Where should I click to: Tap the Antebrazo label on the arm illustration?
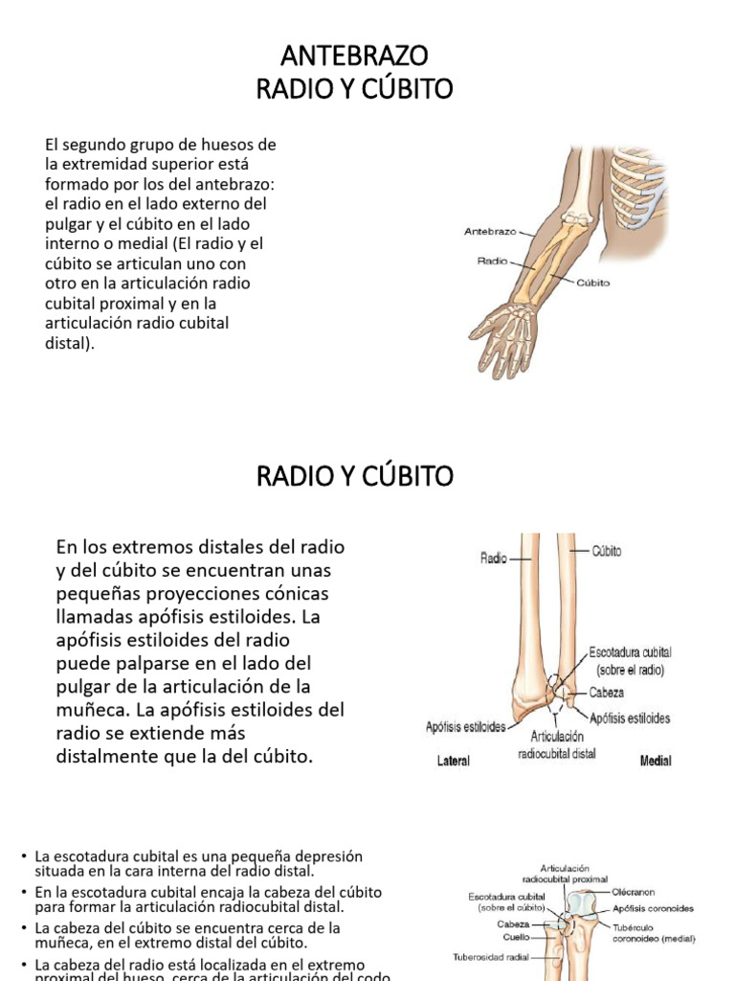(x=490, y=231)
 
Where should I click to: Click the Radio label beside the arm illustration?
(x=492, y=259)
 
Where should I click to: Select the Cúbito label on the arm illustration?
(x=594, y=283)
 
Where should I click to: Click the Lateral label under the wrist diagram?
(x=453, y=761)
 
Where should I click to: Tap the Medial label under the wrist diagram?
(x=655, y=761)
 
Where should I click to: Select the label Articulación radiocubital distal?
(x=556, y=745)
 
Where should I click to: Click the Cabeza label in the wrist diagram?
(x=606, y=692)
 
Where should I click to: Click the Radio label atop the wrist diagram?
(x=493, y=556)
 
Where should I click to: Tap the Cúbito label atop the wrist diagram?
(x=607, y=551)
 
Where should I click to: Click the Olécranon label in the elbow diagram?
(x=634, y=891)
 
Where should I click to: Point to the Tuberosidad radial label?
(x=491, y=956)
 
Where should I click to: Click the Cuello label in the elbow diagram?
(x=517, y=937)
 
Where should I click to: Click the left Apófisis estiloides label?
(x=465, y=727)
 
